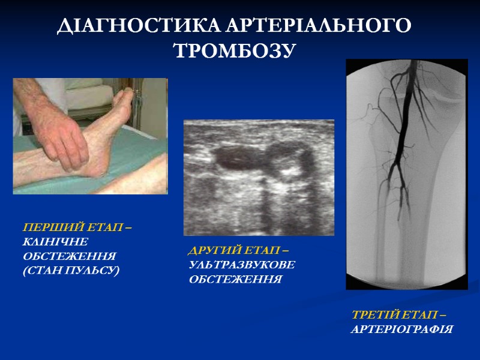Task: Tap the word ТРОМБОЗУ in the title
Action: tap(235, 51)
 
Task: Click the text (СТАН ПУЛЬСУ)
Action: tap(71, 271)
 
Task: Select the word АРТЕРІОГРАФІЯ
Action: tap(402, 329)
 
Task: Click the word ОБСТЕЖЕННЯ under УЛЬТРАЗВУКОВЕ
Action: tap(235, 280)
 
